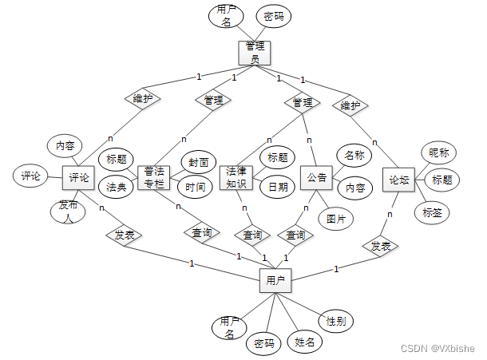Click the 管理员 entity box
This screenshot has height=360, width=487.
tap(255, 53)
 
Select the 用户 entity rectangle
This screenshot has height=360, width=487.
tap(275, 281)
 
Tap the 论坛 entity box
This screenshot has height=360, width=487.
tap(398, 180)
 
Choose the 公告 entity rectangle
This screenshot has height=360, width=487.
tap(317, 178)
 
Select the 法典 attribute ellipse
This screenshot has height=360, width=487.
tap(116, 188)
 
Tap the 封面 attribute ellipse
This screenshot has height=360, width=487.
tap(198, 162)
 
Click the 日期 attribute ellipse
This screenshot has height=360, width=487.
tap(278, 187)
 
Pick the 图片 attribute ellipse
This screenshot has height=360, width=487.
tap(335, 216)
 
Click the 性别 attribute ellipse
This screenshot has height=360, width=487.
tap(335, 321)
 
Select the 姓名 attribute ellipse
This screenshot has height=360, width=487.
tap(304, 342)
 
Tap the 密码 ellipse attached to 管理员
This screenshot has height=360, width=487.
tap(273, 16)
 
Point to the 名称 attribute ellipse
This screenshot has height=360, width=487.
tap(354, 154)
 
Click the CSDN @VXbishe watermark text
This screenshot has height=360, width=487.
tap(438, 349)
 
